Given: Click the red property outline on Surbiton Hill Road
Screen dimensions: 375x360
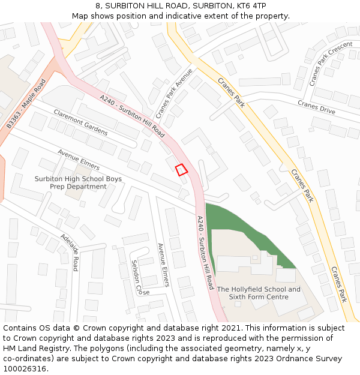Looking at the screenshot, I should pyautogui.click(x=181, y=170).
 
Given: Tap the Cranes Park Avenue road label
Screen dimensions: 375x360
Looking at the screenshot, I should pyautogui.click(x=174, y=94).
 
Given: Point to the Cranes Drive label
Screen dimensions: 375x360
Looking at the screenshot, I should pyautogui.click(x=316, y=107).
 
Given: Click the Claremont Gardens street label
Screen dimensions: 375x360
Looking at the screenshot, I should pyautogui.click(x=80, y=122).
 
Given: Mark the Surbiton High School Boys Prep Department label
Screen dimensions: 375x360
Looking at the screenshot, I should pyautogui.click(x=78, y=183).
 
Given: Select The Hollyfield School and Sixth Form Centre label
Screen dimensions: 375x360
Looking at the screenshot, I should pyautogui.click(x=259, y=293).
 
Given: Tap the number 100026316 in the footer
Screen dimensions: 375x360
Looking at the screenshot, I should pyautogui.click(x=25, y=369).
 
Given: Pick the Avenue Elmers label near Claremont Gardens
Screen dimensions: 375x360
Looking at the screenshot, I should pyautogui.click(x=79, y=159).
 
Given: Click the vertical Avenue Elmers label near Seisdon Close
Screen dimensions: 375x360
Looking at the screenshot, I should pyautogui.click(x=163, y=265).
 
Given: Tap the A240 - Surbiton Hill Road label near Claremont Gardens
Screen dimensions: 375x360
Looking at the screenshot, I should pyautogui.click(x=132, y=116).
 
